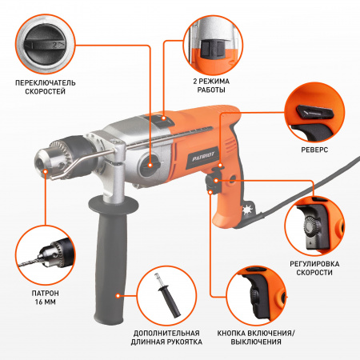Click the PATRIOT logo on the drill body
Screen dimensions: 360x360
pos(203,157)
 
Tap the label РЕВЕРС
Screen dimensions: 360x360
pos(314,150)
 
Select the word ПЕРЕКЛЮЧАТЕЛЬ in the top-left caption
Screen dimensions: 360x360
pos(46,83)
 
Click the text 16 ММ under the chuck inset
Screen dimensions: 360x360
pos(46,302)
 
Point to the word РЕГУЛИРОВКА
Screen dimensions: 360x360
pos(314,264)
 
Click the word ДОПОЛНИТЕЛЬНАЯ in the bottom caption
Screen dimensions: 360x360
pos(166,333)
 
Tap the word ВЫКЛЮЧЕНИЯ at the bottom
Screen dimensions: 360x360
pos(256,342)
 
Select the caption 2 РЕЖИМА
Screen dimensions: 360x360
pos(211,81)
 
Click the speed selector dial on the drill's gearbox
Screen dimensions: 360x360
pos(150,166)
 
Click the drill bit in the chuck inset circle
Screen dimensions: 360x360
pos(30,262)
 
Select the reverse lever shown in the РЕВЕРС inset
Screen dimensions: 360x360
pos(315,112)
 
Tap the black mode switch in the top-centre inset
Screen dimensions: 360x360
pos(213,50)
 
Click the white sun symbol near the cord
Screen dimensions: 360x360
pos(247,210)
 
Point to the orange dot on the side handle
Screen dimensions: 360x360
pos(118,295)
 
